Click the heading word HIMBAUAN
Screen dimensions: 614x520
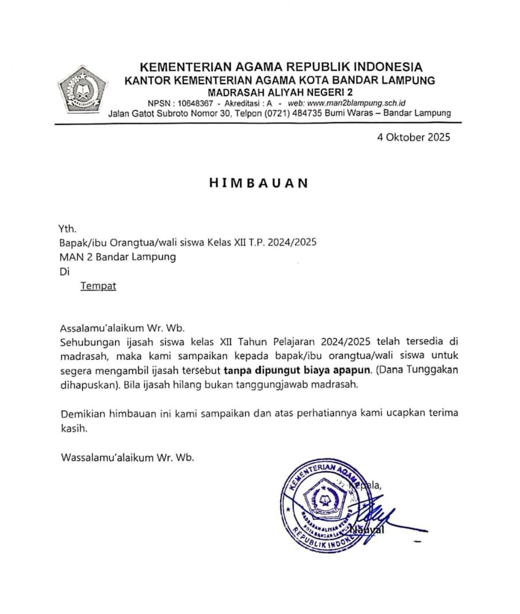point(258,183)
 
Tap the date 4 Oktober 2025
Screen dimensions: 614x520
point(414,137)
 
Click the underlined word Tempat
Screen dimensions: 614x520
point(98,286)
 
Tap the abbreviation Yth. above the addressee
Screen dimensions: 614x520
point(68,228)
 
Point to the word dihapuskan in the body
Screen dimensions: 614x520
point(90,385)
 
